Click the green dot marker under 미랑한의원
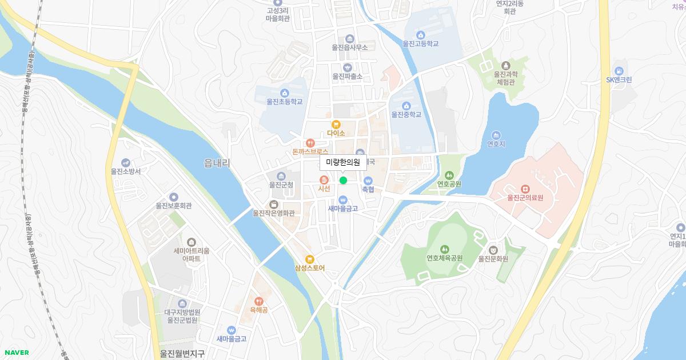343,181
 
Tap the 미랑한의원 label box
343,162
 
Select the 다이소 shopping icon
336,124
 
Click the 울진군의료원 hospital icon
525,189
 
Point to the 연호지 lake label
496,144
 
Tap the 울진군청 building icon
281,176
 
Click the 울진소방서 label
126,171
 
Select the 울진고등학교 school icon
421,35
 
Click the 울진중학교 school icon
406,106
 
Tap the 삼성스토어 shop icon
310,259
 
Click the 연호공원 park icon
449,175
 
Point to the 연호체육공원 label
444,258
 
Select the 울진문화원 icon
493,250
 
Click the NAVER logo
16,353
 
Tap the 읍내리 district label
217,163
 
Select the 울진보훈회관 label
173,206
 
